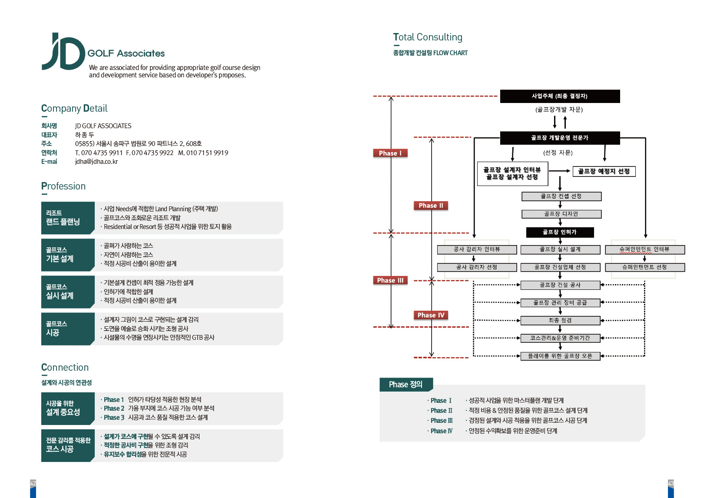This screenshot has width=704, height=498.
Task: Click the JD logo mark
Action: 64,51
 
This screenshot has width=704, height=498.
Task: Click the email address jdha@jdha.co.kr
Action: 96,162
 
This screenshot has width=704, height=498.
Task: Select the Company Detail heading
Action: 74,108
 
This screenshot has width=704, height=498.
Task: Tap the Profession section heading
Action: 63,186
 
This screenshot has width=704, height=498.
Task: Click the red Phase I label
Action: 390,153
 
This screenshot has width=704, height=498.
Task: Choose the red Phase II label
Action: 431,206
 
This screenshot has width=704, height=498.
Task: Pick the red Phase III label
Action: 390,280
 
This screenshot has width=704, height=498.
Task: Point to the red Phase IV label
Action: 431,315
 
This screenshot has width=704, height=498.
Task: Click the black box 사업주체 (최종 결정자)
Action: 560,96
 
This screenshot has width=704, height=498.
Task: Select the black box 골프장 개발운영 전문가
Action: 560,138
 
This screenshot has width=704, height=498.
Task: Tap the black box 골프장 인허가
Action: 560,232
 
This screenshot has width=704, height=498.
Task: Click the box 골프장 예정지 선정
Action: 604,171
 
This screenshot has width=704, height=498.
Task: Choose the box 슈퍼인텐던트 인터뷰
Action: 644,249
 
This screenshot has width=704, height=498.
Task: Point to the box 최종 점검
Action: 560,320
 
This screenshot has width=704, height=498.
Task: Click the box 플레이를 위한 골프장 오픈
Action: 560,356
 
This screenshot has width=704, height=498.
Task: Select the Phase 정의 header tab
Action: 406,384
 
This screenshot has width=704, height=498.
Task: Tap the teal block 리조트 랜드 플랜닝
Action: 67,218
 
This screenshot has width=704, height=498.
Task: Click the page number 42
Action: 33,483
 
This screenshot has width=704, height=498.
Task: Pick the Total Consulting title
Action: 428,37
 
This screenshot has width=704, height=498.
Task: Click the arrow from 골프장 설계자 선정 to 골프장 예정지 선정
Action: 559,171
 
